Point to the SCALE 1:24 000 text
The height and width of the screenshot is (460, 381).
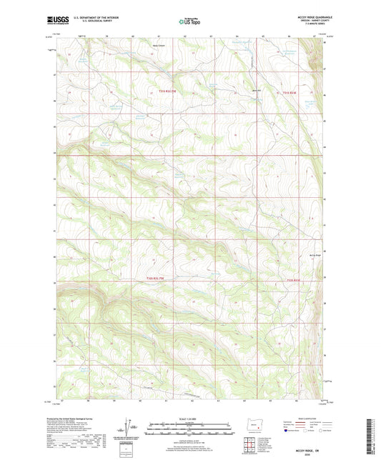(x=190, y=418)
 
